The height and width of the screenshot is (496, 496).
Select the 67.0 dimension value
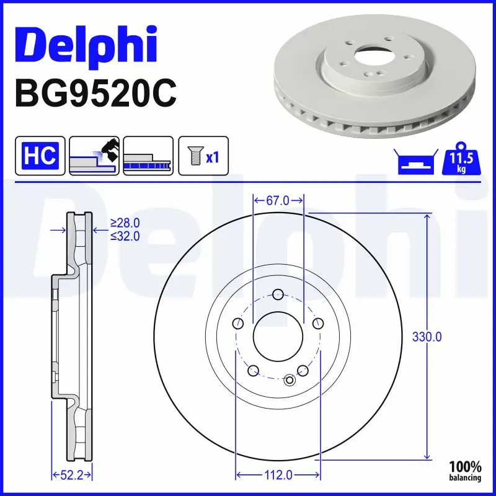coord(278,200)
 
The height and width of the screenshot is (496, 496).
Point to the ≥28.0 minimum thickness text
coord(125,223)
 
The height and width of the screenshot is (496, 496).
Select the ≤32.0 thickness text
coord(125,236)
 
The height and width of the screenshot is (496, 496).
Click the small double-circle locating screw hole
coord(289,380)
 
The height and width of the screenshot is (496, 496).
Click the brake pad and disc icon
coord(95,156)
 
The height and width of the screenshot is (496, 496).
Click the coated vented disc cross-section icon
coord(149,156)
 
